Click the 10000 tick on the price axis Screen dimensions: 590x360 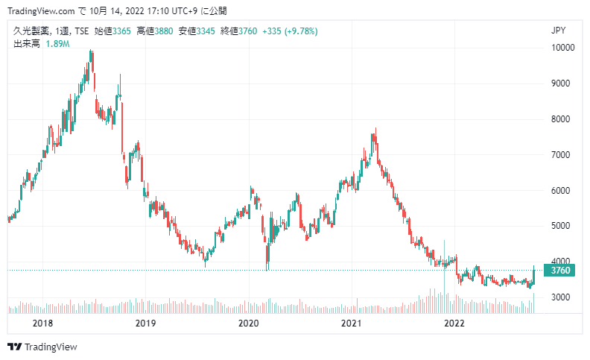(562, 48)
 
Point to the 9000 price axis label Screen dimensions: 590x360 (561, 83)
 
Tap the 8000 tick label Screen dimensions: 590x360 (561, 119)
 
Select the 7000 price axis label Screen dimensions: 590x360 (561, 155)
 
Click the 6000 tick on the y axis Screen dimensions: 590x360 (561, 191)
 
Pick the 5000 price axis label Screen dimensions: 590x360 (561, 226)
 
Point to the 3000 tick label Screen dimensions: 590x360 (561, 297)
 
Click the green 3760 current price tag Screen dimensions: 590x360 (559, 271)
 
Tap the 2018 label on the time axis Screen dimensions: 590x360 (42, 323)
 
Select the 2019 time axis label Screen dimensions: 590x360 (145, 323)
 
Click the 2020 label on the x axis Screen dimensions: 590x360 (248, 323)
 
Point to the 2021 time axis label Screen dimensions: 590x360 (351, 323)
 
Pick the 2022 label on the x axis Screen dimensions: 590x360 (454, 323)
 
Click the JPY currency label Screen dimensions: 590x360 (559, 31)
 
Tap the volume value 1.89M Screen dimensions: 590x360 (57, 44)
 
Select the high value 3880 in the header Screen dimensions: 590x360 (164, 31)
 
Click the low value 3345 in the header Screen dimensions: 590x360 (206, 31)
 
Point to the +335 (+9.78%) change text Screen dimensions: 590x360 (290, 31)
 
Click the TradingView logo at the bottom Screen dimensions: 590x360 (42, 347)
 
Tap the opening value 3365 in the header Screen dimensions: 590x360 (121, 31)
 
